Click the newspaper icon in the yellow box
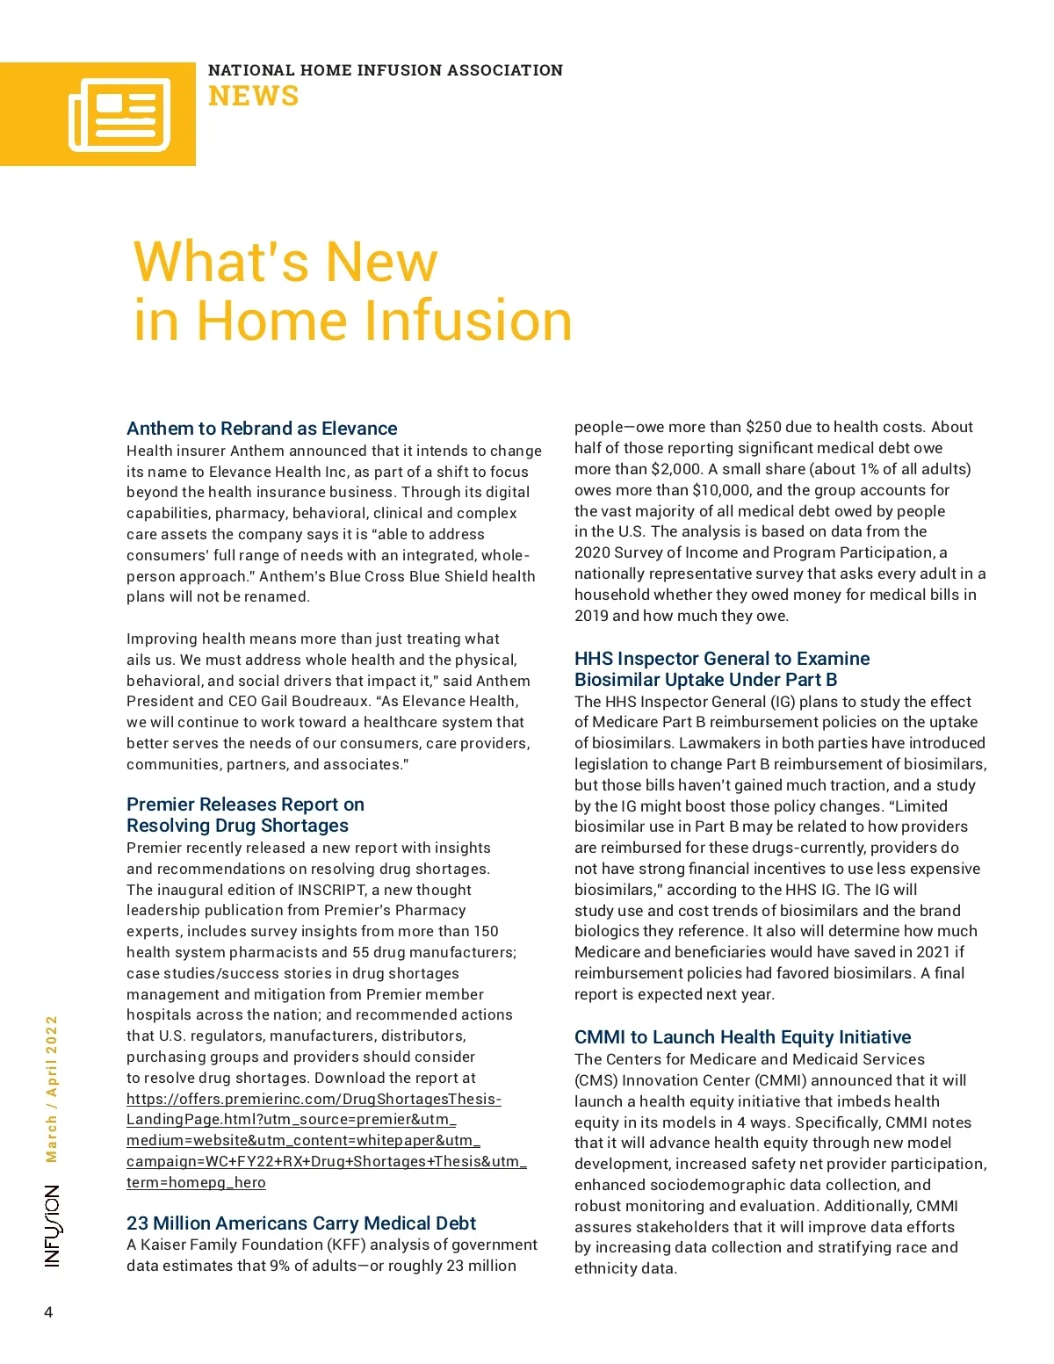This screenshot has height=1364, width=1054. (119, 114)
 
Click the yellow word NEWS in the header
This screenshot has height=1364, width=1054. (253, 96)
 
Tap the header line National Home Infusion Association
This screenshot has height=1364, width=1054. (385, 70)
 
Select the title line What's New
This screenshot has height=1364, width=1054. (285, 261)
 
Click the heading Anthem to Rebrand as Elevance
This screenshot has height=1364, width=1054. (262, 429)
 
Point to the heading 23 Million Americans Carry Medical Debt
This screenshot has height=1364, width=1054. (301, 1223)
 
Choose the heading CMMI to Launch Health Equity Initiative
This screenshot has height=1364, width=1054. (742, 1037)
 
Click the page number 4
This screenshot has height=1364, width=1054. (48, 1313)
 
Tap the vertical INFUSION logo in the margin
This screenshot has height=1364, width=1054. (53, 1226)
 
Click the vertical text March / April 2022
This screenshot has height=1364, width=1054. (52, 1089)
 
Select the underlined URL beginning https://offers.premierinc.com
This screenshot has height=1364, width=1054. (314, 1100)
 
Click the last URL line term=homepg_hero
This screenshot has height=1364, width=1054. (196, 1183)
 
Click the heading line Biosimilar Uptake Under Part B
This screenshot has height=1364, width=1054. (705, 680)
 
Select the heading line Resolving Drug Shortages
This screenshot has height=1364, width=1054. (237, 826)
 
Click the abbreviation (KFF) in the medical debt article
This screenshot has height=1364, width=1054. (346, 1245)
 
